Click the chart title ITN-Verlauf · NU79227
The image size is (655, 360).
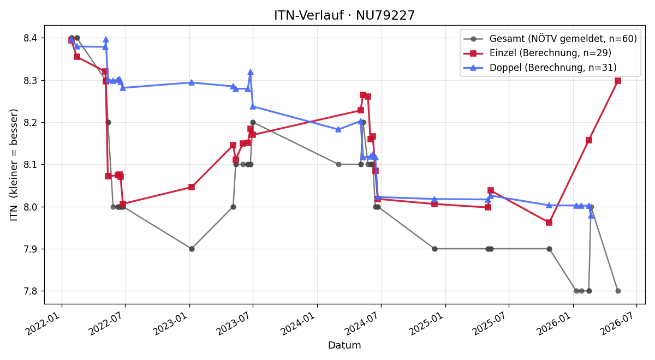344,15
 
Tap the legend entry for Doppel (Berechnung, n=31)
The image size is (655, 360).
540,68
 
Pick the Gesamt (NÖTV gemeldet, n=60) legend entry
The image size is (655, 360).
550,39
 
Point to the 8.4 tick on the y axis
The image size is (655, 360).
31,38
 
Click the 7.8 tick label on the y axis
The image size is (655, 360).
31,291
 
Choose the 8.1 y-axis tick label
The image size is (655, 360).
31,165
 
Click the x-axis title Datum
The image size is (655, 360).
344,345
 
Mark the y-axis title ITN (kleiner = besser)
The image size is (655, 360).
14,165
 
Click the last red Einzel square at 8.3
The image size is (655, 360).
617,81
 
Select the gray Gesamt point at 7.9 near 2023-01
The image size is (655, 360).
192,249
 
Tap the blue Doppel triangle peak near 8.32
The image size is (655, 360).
251,72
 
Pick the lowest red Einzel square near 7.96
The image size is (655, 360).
549,223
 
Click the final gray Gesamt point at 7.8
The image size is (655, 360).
618,291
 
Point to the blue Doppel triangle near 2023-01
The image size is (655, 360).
192,82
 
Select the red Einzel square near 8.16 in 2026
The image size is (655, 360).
589,140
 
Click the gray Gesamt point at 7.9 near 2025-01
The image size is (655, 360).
434,249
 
